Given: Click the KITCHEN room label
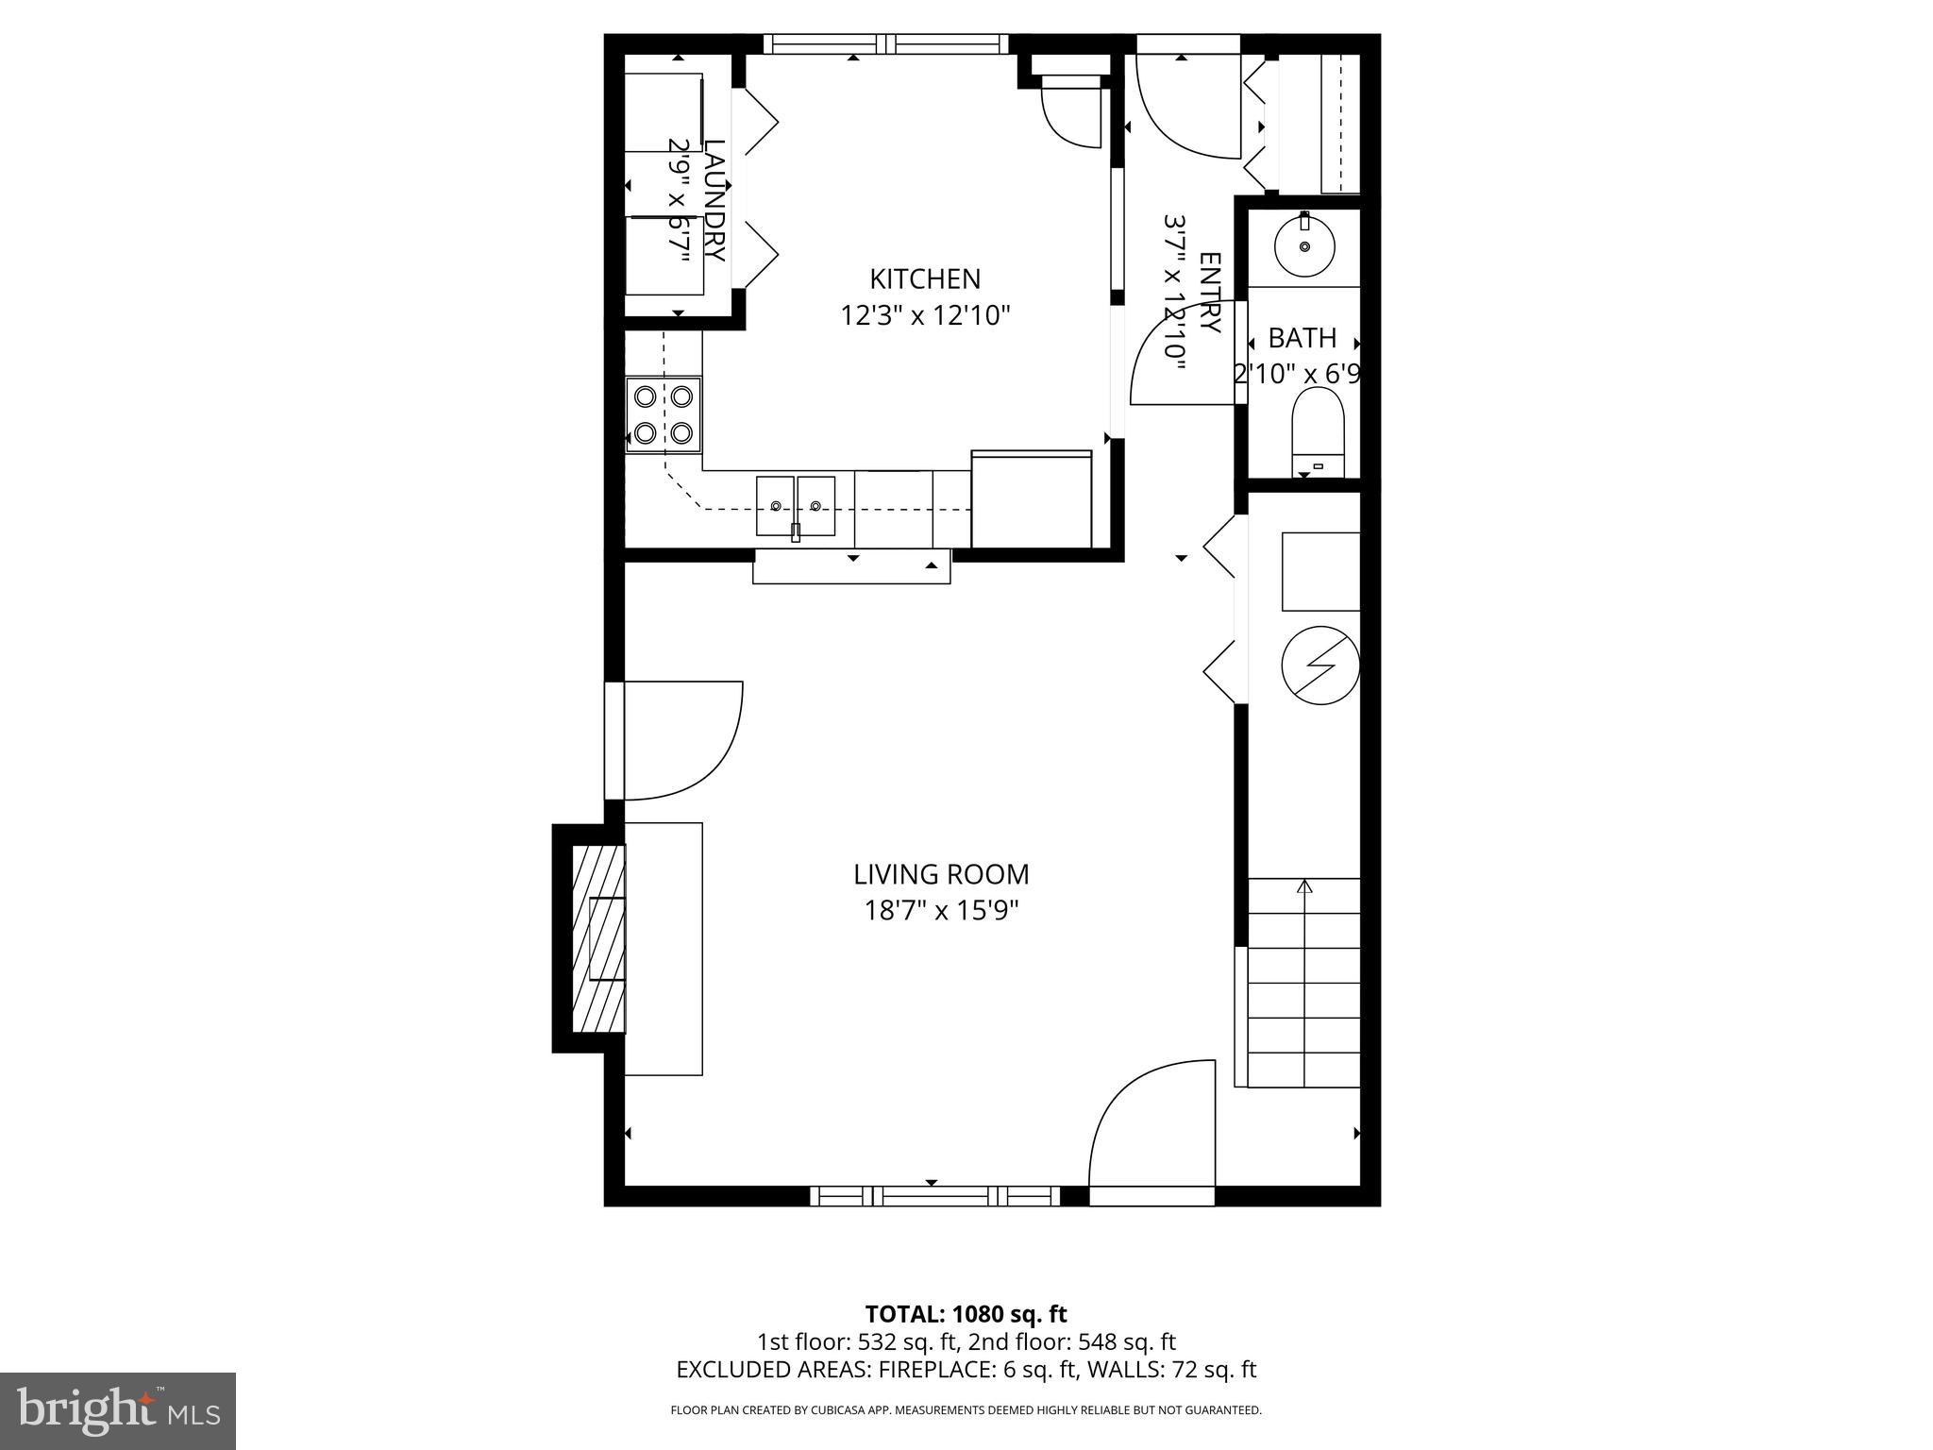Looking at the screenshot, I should (925, 279).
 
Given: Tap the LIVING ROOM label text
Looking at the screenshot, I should (941, 874).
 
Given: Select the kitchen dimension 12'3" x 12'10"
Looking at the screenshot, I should (925, 315).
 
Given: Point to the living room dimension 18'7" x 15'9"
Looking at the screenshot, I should (941, 911).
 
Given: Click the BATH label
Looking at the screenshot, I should (1302, 338).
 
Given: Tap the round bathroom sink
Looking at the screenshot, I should (1304, 246).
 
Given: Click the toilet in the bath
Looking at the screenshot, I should (1318, 430).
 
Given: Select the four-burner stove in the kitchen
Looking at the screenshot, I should (664, 414).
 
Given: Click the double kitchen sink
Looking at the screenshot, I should (795, 507).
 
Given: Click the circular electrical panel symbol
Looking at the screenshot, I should (1319, 665).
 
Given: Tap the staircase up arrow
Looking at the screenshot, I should (1304, 887).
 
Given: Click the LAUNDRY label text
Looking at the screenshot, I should (714, 201).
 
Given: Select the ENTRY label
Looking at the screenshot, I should (1209, 293).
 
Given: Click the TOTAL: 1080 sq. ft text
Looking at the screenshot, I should (966, 1314).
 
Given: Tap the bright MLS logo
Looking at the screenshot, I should (117, 1410).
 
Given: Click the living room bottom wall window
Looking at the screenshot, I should (935, 1196).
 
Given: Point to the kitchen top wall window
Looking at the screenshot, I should (885, 43).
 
